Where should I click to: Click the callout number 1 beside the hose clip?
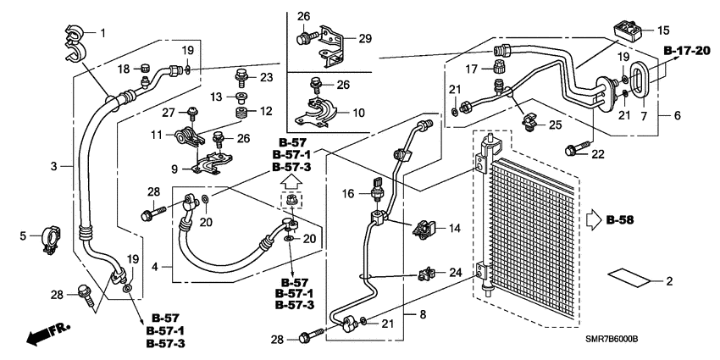tap(103, 33)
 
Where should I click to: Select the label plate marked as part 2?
tap(631, 280)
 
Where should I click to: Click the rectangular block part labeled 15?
tap(627, 31)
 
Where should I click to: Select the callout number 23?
tap(268, 78)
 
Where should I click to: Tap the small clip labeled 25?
tap(529, 122)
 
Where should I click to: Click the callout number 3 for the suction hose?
tap(53, 167)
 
